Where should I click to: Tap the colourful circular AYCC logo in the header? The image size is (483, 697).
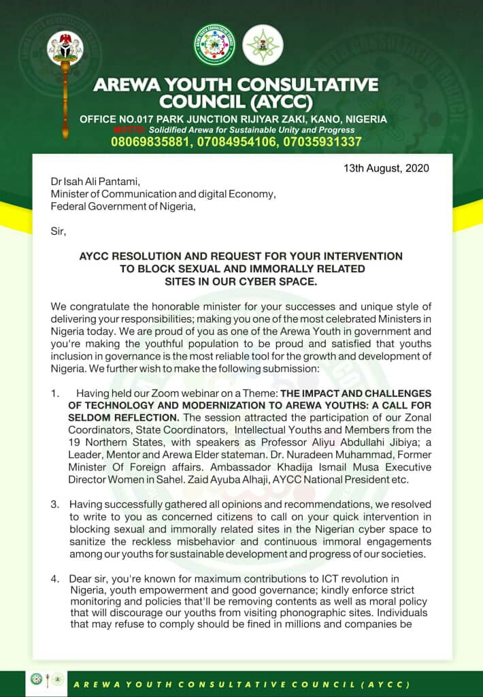click(x=214, y=44)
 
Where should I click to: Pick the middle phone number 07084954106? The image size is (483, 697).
click(x=237, y=142)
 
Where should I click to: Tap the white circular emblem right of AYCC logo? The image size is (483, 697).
click(x=263, y=44)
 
